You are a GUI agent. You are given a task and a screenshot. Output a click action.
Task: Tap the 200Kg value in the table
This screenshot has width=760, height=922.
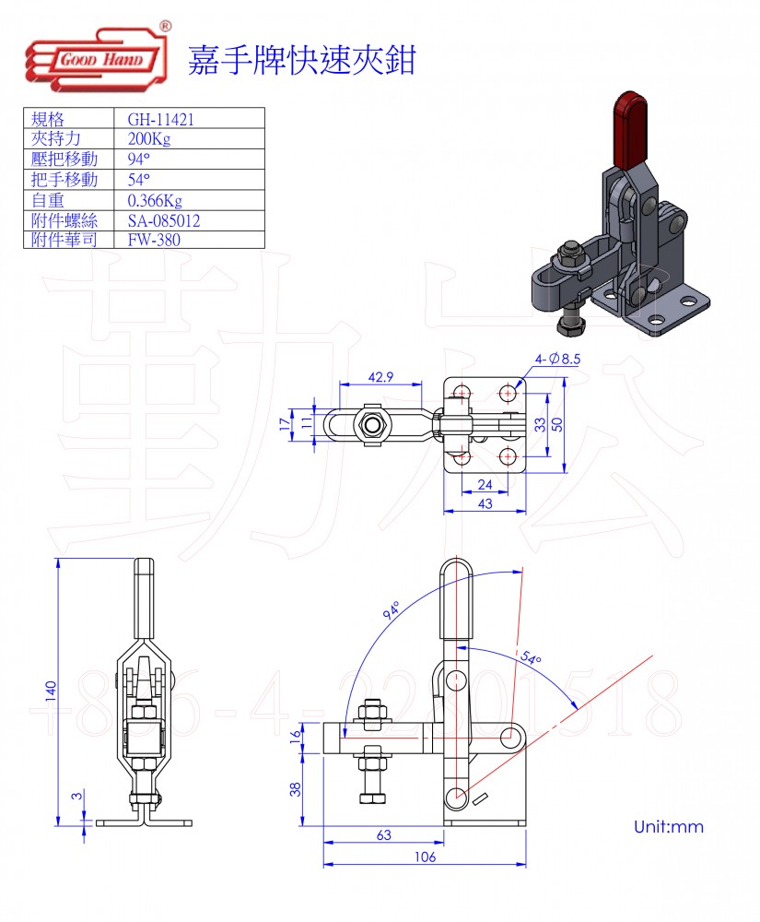click(149, 139)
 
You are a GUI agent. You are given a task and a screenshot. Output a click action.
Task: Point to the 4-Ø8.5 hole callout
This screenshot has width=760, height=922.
click(555, 359)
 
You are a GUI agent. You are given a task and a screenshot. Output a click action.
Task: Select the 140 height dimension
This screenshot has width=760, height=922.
click(52, 691)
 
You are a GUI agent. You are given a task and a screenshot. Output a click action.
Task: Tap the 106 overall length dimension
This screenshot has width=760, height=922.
click(424, 857)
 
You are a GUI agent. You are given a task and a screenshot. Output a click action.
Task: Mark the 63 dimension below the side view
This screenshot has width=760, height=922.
click(383, 834)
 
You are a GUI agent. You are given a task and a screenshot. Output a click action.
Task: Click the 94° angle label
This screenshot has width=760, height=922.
click(391, 610)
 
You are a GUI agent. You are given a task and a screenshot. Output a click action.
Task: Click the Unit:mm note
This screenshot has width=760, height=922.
click(668, 827)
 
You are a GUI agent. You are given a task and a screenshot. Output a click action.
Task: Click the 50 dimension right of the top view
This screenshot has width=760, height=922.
click(557, 424)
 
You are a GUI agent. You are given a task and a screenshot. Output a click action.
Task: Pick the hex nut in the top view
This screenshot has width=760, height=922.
click(373, 425)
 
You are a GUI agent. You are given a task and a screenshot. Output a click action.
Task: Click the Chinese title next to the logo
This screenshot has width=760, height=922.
click(301, 60)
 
